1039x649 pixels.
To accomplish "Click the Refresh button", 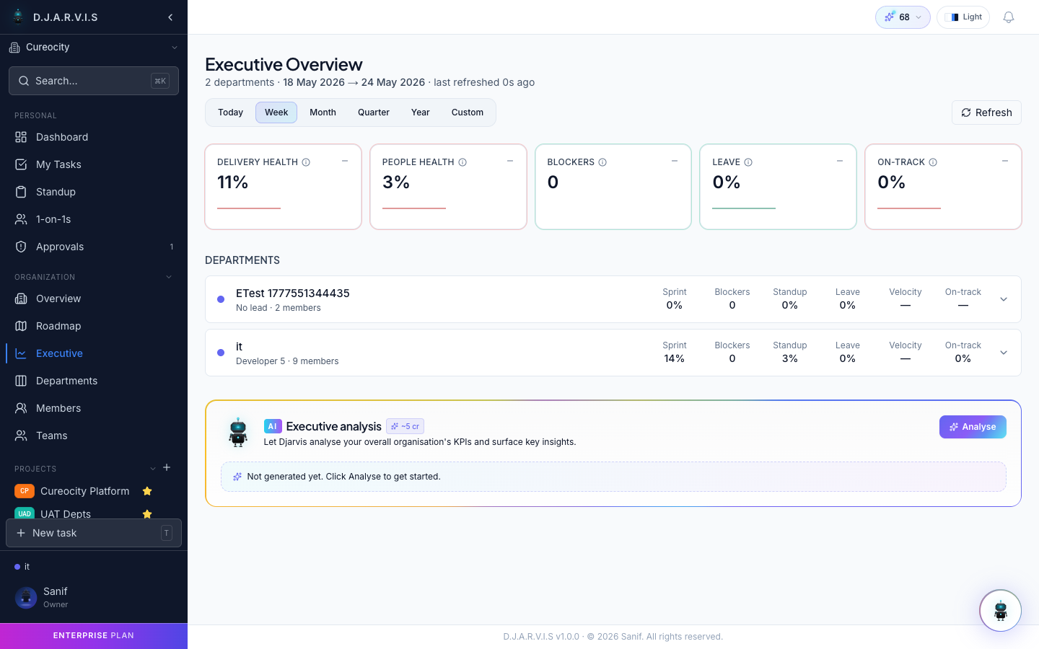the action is (x=986, y=112).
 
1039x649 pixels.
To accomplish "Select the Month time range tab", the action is (x=323, y=112).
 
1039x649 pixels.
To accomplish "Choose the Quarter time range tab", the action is (x=374, y=112).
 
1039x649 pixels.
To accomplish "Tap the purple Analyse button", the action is (x=973, y=426).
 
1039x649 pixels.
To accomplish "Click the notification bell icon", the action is (x=1009, y=17).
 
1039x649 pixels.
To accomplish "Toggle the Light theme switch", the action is (x=963, y=17).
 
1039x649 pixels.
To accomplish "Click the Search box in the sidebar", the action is (x=94, y=81).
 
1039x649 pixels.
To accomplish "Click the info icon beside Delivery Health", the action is (x=306, y=162).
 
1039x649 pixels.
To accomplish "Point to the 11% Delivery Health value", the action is (x=232, y=182).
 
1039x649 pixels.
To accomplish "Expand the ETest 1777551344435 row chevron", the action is (x=1003, y=299).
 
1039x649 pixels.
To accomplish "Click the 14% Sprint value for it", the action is (x=674, y=358).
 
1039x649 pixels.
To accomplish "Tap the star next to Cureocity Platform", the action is (x=147, y=491).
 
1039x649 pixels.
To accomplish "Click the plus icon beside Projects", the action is (x=167, y=468).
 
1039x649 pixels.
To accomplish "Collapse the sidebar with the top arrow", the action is (x=170, y=17).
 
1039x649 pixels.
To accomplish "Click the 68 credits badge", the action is (x=903, y=17).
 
